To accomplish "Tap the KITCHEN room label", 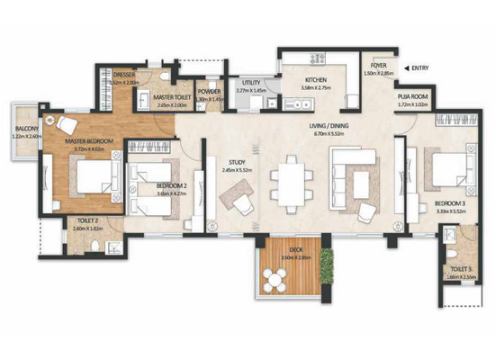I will [x=296, y=78].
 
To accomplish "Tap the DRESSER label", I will [x=123, y=75].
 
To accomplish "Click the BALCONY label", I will [x=26, y=130].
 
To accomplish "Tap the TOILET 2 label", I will [x=86, y=220].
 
